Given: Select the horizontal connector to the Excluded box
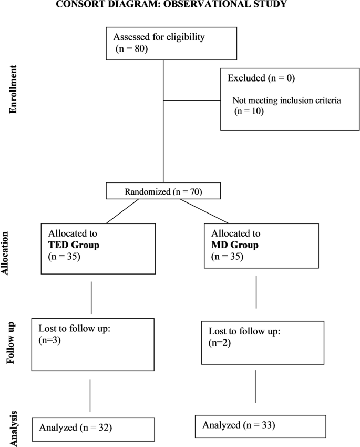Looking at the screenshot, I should tap(192, 100).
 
